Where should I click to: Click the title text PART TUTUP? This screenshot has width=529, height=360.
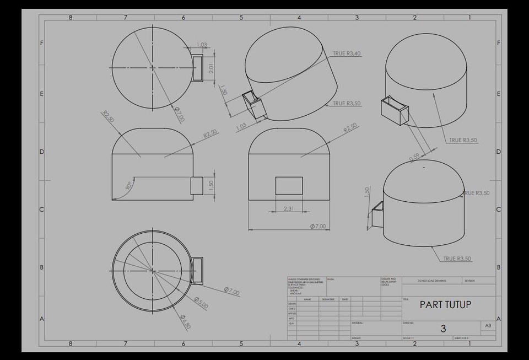[445, 304]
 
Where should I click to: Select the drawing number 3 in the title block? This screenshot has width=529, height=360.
[443, 329]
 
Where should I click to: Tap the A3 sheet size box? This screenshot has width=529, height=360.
[488, 326]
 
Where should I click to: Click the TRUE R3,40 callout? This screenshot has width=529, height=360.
[347, 54]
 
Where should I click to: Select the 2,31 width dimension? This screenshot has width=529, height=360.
[289, 208]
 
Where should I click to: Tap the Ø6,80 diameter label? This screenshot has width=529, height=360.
[186, 321]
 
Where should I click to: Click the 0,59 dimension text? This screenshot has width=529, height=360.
[415, 158]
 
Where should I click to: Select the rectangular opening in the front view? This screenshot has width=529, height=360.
[289, 186]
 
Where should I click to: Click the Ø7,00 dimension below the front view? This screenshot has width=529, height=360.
[318, 227]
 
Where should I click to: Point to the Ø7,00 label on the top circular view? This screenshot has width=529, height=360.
[180, 114]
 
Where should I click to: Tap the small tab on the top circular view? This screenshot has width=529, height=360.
[197, 68]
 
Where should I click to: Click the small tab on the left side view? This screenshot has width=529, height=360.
[197, 186]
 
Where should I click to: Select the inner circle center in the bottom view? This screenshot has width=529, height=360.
[152, 270]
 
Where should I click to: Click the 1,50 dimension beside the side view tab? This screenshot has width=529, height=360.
[211, 186]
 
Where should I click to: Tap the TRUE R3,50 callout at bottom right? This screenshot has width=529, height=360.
[457, 259]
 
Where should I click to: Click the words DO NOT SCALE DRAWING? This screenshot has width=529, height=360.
[432, 281]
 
